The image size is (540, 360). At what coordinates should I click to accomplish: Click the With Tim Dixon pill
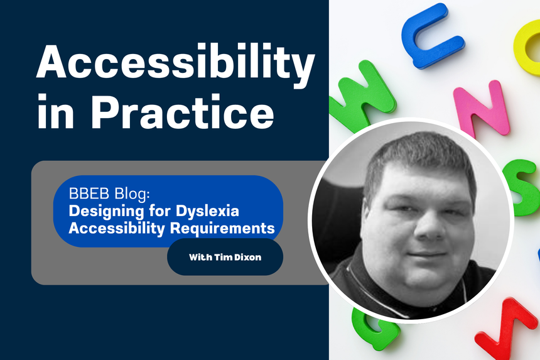point(225,257)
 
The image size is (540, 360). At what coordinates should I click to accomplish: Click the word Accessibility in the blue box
point(117,227)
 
